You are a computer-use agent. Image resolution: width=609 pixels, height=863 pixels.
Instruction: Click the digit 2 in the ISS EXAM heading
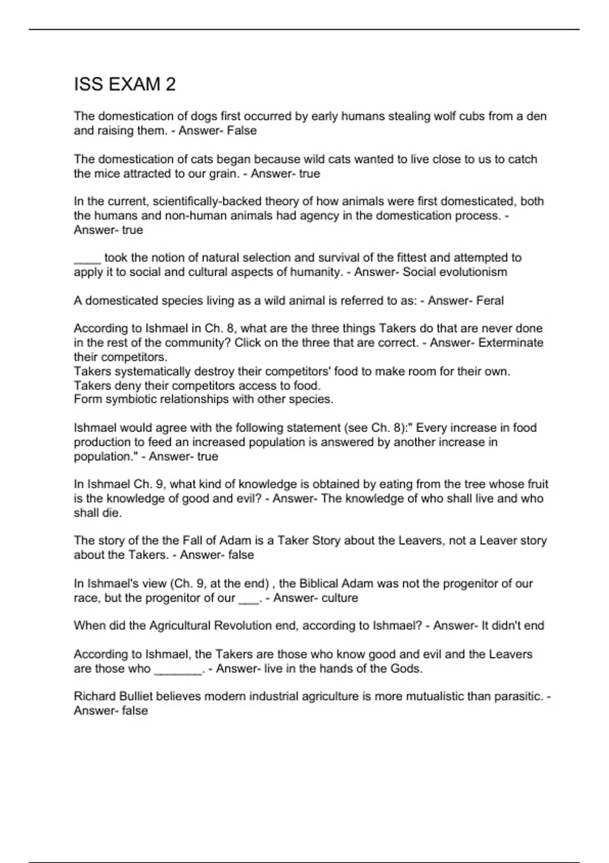pos(170,84)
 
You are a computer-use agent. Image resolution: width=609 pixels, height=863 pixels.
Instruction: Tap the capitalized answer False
pos(242,130)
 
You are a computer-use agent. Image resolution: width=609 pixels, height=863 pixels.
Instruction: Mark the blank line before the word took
pos(87,259)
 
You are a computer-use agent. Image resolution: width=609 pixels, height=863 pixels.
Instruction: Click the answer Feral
pos(490,301)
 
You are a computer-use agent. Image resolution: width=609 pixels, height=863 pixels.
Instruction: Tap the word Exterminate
pos(511,343)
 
